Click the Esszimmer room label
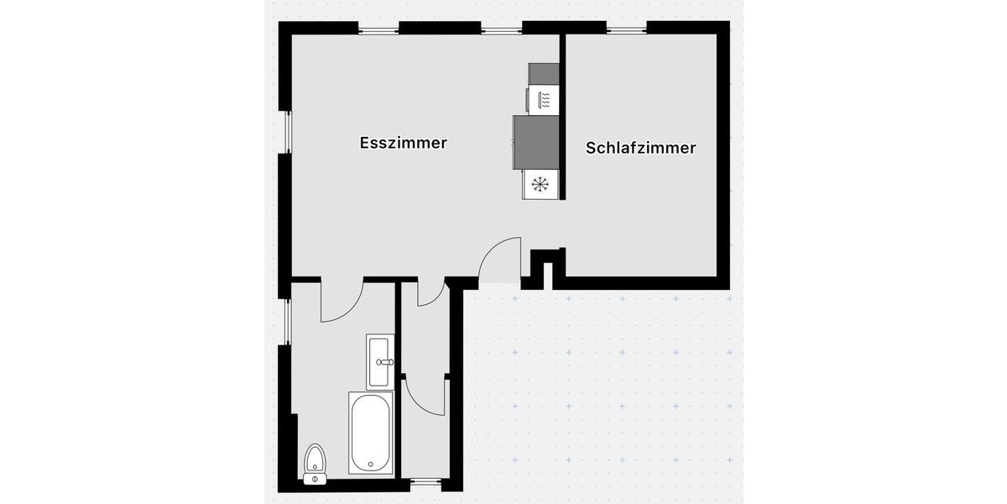pyautogui.click(x=403, y=143)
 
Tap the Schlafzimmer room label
pyautogui.click(x=641, y=148)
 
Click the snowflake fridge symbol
pyautogui.click(x=540, y=182)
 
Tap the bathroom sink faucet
pyautogui.click(x=385, y=362)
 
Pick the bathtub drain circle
pyautogui.click(x=369, y=462)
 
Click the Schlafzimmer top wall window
pyautogui.click(x=627, y=29)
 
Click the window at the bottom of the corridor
pyautogui.click(x=425, y=482)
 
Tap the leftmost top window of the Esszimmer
pyautogui.click(x=378, y=29)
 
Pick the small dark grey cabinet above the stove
pyautogui.click(x=543, y=73)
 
